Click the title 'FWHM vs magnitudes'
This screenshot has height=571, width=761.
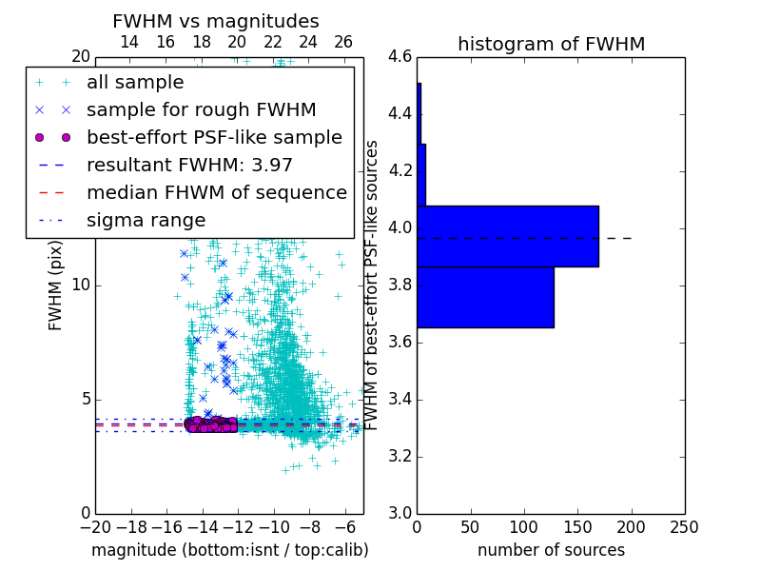pyautogui.click(x=216, y=22)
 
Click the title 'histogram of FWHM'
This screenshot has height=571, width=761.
pyautogui.click(x=551, y=45)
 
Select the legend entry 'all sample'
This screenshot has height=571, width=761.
pyautogui.click(x=135, y=83)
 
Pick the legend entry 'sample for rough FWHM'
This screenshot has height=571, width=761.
pyautogui.click(x=201, y=110)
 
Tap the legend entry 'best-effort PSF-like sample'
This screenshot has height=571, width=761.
pyautogui.click(x=214, y=137)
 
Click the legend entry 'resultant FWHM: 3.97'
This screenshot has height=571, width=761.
pyautogui.click(x=189, y=165)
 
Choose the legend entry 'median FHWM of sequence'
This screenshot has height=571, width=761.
pyautogui.click(x=216, y=192)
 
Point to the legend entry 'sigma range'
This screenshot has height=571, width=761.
pyautogui.click(x=146, y=220)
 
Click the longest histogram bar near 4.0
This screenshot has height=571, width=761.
pyautogui.click(x=507, y=236)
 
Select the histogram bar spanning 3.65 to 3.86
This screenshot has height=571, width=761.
pyautogui.click(x=485, y=297)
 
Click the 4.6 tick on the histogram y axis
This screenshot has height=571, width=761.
pyautogui.click(x=400, y=57)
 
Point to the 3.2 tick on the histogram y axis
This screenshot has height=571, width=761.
pyautogui.click(x=400, y=457)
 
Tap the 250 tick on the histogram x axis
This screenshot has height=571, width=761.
pyautogui.click(x=684, y=527)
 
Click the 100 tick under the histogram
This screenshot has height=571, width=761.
pyautogui.click(x=524, y=527)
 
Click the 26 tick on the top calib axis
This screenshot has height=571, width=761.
pyautogui.click(x=343, y=42)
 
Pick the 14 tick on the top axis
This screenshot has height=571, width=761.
pyautogui.click(x=129, y=42)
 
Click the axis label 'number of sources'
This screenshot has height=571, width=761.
pyautogui.click(x=551, y=550)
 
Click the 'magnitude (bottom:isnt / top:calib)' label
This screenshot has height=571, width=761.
pyautogui.click(x=229, y=550)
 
